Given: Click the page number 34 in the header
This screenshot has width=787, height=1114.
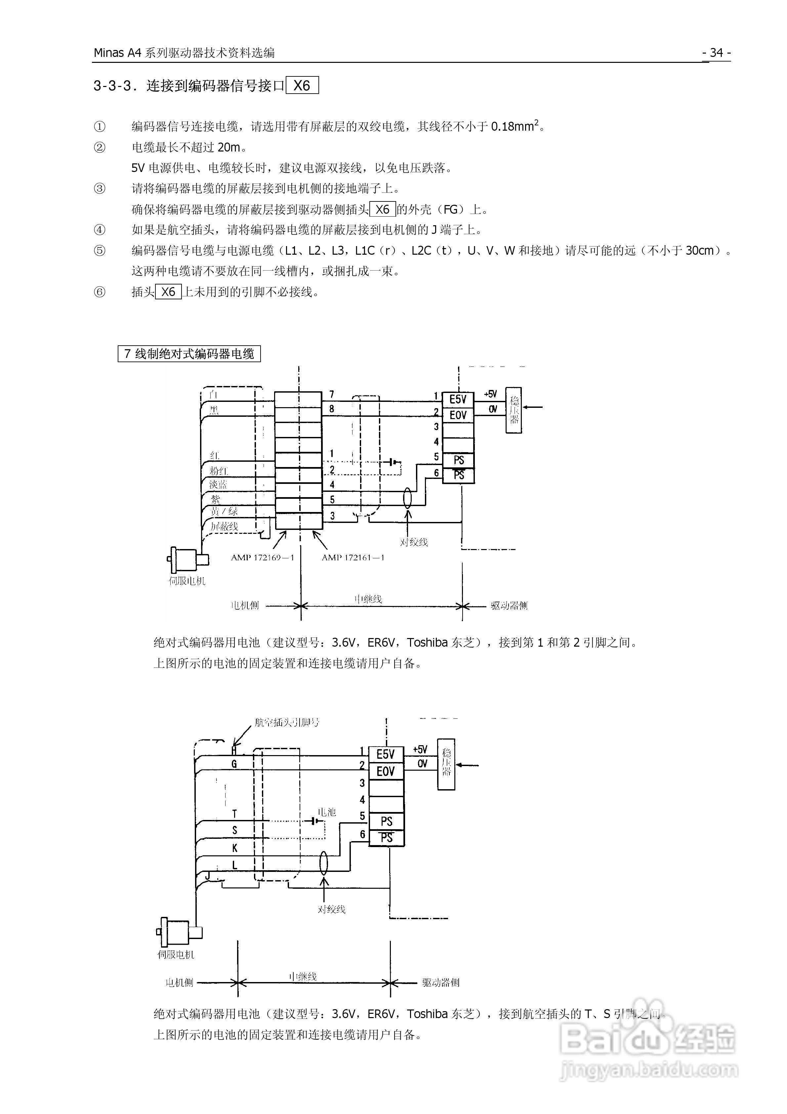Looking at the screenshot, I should [716, 53].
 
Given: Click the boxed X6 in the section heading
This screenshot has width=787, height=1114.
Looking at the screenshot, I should [302, 86].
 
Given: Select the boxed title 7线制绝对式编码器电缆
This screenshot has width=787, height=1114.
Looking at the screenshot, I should [189, 354].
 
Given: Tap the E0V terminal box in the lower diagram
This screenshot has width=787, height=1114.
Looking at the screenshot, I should [386, 771].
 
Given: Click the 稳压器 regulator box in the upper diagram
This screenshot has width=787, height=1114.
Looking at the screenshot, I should [514, 410].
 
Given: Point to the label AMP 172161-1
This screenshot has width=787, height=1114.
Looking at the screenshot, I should [353, 557].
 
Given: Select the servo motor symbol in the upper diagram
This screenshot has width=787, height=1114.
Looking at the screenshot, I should [187, 560].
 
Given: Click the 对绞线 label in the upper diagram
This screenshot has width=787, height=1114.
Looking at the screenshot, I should [414, 542].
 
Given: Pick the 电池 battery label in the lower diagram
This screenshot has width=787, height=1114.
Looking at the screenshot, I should [327, 812].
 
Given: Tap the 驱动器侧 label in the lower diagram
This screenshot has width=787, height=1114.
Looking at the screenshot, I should [440, 982].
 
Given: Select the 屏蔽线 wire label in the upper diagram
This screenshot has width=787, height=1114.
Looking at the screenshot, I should [224, 526].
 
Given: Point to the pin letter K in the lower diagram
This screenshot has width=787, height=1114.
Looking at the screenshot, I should [235, 848].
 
